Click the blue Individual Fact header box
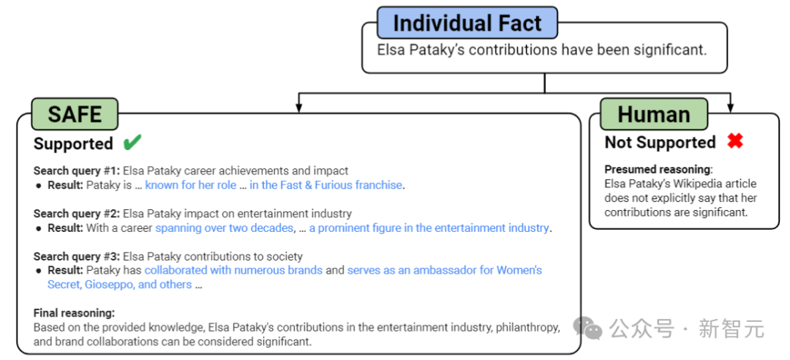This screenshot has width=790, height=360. pyautogui.click(x=467, y=23)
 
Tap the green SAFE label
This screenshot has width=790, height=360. pyautogui.click(x=75, y=114)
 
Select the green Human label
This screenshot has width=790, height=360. pyautogui.click(x=653, y=114)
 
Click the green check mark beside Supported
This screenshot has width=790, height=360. pyautogui.click(x=132, y=142)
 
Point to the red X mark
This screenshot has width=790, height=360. pyautogui.click(x=734, y=141)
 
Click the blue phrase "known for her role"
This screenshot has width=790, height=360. pyautogui.click(x=190, y=185)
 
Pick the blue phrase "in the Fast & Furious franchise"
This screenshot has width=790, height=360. pyautogui.click(x=326, y=185)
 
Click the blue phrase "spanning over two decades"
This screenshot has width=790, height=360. pyautogui.click(x=224, y=228)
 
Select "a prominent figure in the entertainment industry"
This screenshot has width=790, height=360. pyautogui.click(x=429, y=228)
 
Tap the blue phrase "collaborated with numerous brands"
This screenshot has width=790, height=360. pyautogui.click(x=233, y=271)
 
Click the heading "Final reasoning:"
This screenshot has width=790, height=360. pyautogui.click(x=74, y=313)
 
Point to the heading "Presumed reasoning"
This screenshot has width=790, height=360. pyautogui.click(x=657, y=169)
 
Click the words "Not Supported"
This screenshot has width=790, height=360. pyautogui.click(x=660, y=142)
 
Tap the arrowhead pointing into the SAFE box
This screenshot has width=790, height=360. pyautogui.click(x=298, y=108)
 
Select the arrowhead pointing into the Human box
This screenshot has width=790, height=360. pyautogui.click(x=730, y=108)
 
